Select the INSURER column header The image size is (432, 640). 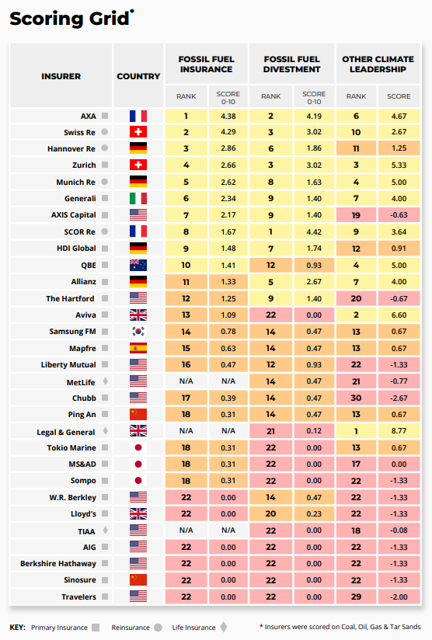point(61,76)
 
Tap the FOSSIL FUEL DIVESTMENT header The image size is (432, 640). point(291,64)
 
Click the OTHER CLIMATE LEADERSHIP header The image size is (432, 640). point(378,64)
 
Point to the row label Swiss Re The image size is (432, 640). point(79,132)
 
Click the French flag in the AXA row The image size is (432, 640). point(138,117)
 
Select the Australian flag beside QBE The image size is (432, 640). point(138,266)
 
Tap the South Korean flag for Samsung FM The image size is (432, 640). point(138,332)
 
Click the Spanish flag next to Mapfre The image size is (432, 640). point(138,348)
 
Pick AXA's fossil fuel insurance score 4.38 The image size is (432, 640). point(228,116)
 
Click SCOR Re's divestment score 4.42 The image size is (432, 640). point(314,231)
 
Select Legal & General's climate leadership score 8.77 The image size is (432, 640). point(399,430)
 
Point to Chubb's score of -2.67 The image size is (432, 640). point(398,398)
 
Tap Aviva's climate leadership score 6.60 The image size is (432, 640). point(399,315)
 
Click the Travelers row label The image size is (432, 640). point(78,597)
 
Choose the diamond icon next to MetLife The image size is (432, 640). point(106,381)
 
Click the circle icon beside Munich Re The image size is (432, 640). point(105,182)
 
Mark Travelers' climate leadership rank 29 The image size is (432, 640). point(356,597)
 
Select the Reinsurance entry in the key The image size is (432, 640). point(131,628)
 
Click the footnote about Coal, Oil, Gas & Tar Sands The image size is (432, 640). point(340,627)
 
